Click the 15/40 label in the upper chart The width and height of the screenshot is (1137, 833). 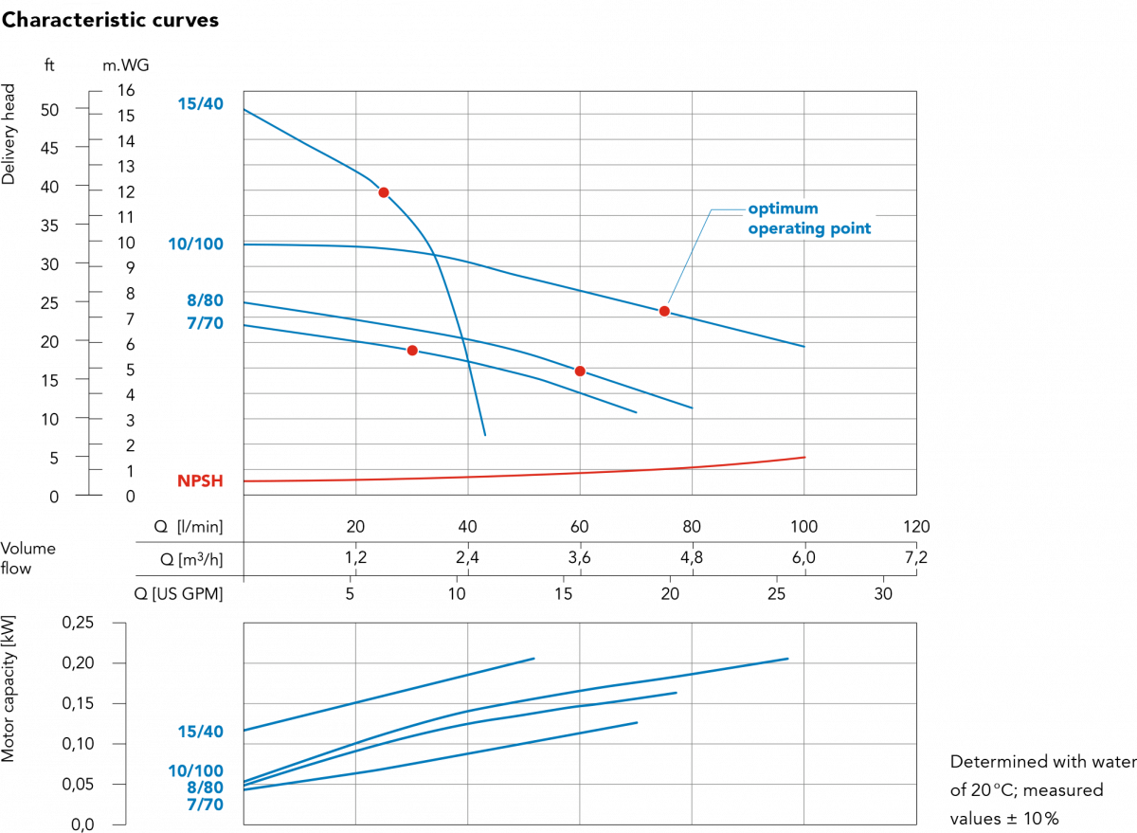pos(200,103)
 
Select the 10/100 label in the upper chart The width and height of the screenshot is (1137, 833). pos(195,244)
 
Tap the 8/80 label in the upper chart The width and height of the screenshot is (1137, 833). pos(205,301)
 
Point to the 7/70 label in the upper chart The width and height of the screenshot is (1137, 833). pos(205,324)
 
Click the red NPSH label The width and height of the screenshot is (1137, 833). pos(200,481)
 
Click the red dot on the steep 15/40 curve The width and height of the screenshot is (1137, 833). pos(384,192)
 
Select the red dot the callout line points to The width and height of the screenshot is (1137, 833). pos(664,311)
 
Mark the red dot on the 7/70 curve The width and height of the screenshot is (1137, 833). pos(412,351)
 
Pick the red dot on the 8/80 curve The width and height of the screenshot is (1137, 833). pos(580,371)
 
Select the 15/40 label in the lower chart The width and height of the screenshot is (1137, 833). pos(200,732)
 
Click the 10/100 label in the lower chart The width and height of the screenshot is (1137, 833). pos(195,771)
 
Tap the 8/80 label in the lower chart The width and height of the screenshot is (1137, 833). pos(205,788)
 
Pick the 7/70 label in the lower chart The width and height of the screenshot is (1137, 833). pos(205,805)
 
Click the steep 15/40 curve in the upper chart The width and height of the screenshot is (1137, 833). pos(455,313)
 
